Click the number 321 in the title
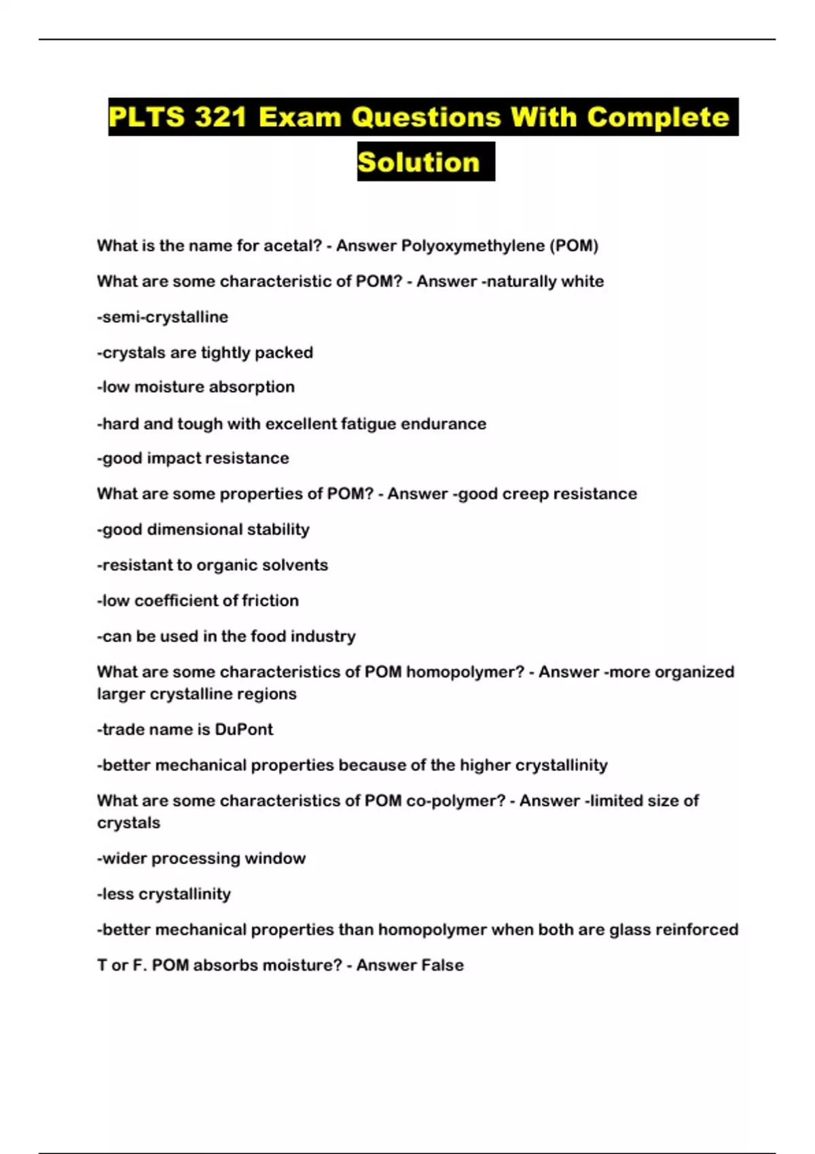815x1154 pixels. pos(220,117)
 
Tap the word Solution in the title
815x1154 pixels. pos(418,162)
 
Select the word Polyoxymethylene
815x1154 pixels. pos(473,246)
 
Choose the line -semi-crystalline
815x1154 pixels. pos(162,317)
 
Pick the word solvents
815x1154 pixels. pos(300,565)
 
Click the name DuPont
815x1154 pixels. pos(244,730)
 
